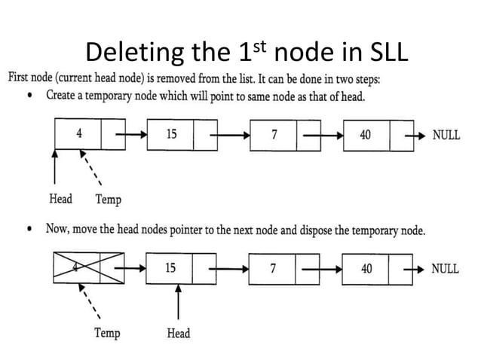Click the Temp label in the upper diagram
tap(108, 200)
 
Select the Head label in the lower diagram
tap(178, 333)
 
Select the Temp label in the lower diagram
tap(107, 333)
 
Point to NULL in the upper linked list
tap(446, 136)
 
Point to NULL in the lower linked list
tap(445, 269)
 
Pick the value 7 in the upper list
tap(274, 135)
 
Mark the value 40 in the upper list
tap(365, 135)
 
